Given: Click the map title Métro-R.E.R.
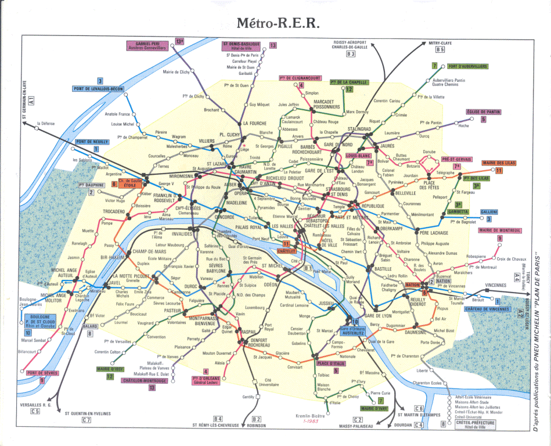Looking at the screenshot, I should pos(278,23).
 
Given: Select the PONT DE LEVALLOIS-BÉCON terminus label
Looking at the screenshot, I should pos(98,89).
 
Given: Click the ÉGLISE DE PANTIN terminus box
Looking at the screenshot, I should pos(482,111).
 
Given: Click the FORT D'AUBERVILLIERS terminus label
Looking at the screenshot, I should pos(467,67).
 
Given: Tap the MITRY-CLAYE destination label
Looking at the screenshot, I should pos(440,43).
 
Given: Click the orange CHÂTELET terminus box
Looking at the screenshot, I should pos(286,251).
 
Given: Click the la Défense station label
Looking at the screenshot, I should pos(45,123).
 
